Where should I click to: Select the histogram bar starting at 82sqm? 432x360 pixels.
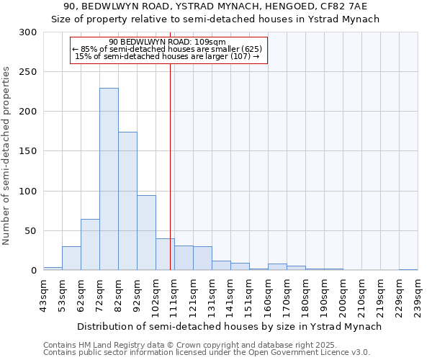click(x=127, y=202)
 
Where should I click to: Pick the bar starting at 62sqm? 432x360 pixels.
click(x=90, y=245)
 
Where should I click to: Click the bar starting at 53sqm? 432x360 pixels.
click(x=71, y=258)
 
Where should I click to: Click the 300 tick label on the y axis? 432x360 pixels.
click(x=28, y=32)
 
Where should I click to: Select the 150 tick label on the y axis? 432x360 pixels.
click(x=28, y=151)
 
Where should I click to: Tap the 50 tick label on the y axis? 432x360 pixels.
click(x=31, y=231)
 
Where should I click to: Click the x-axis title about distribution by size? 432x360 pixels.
click(x=230, y=326)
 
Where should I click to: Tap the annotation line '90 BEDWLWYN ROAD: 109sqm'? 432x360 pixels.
click(x=167, y=42)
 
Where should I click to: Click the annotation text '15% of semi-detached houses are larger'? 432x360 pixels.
click(x=167, y=56)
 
